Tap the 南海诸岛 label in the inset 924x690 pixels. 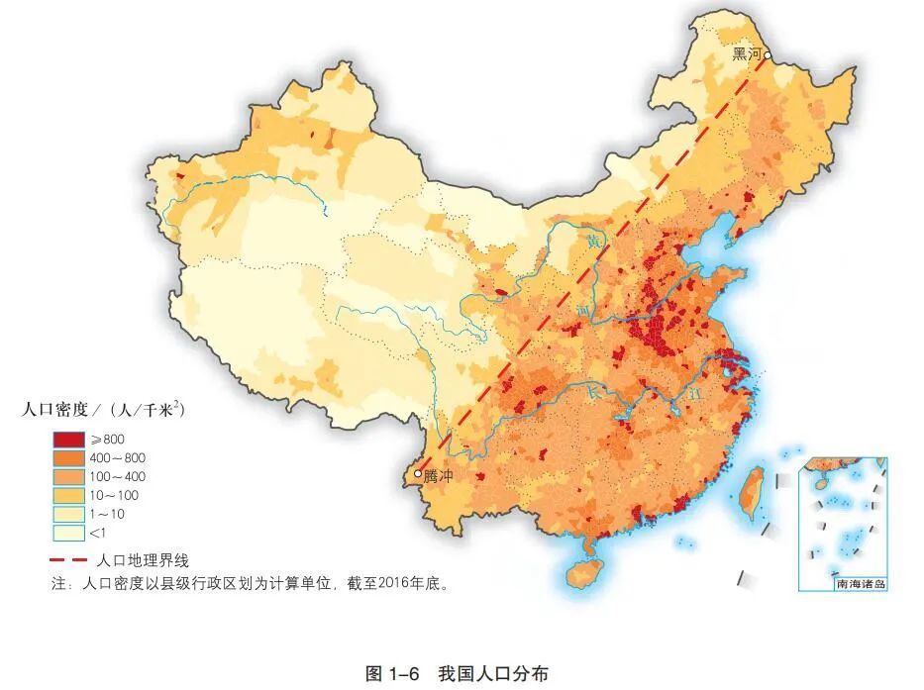[x=861, y=584]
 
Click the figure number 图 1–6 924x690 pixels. [x=395, y=673]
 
